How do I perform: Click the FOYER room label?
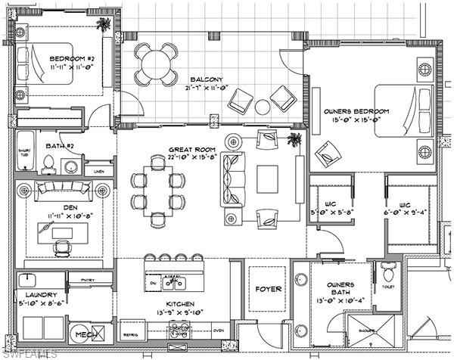pos(268,289)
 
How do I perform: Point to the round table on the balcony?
pos(154,59)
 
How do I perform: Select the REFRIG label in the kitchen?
pos(129,331)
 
